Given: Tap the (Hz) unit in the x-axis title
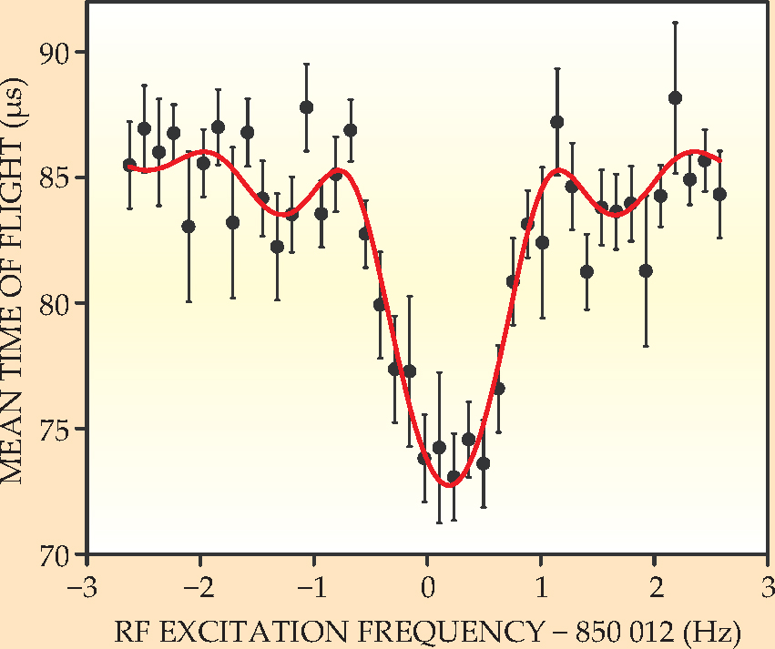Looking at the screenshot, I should (712, 630).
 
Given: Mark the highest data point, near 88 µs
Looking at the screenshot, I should (675, 98).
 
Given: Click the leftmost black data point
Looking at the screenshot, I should (129, 165).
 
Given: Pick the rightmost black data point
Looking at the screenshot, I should (719, 194).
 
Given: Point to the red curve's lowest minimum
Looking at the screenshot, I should (450, 485).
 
